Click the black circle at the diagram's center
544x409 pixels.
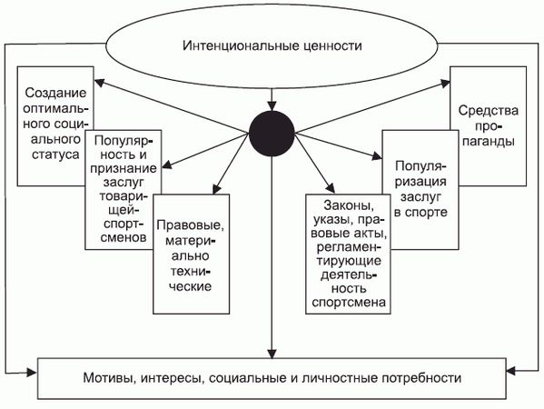click(x=272, y=134)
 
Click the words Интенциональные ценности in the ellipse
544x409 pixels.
click(x=272, y=45)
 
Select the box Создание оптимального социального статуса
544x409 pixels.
click(x=54, y=100)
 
